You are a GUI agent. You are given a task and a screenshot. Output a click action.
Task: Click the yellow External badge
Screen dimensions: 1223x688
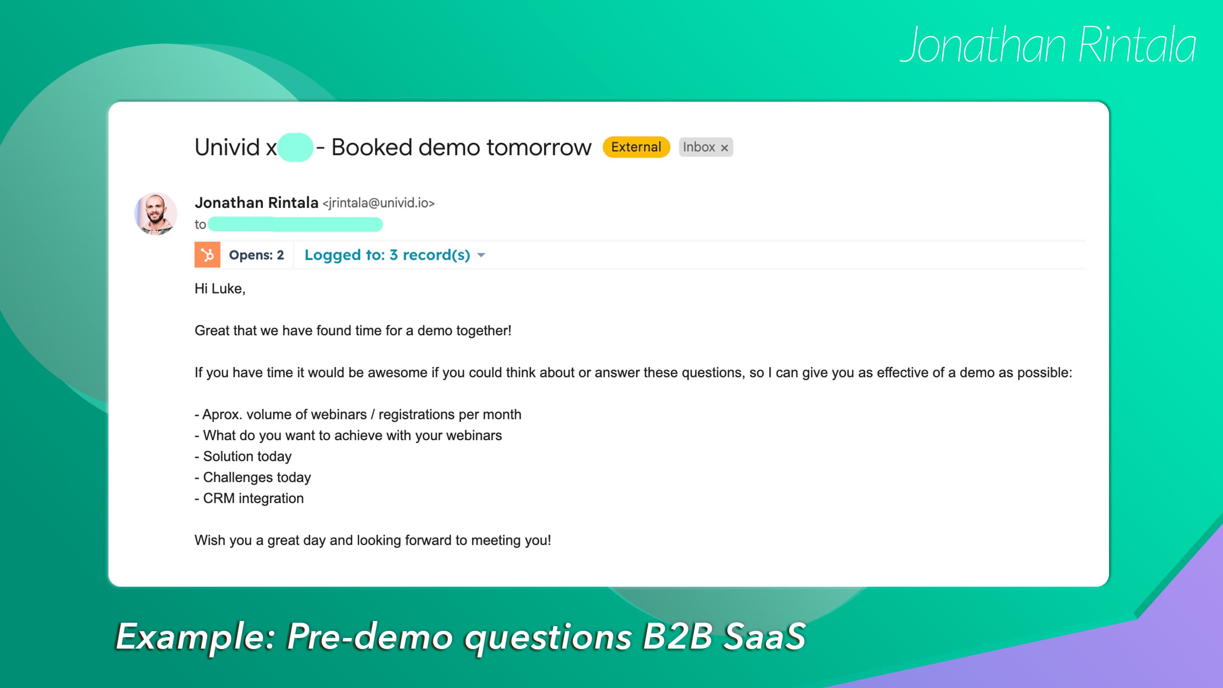[636, 147]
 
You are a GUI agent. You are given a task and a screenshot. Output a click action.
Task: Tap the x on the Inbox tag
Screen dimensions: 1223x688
[724, 148]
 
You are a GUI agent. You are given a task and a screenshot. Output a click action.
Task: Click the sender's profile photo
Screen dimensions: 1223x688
[156, 214]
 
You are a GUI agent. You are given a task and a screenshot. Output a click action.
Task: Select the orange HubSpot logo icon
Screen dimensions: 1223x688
[208, 255]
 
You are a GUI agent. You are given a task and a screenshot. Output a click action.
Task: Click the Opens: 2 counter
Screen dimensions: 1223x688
[256, 255]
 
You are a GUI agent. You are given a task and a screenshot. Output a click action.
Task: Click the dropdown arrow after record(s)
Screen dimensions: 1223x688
[481, 255]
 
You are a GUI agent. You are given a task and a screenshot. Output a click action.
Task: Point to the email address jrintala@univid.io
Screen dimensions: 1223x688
[379, 203]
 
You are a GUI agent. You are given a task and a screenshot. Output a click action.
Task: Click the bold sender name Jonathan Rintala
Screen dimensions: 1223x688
[256, 203]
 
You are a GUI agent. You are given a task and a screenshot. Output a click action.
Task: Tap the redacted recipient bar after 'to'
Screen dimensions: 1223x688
[295, 225]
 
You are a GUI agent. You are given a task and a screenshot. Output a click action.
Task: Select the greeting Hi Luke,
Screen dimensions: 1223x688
[220, 289]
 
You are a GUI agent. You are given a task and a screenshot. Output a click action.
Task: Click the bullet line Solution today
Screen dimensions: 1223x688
[243, 456]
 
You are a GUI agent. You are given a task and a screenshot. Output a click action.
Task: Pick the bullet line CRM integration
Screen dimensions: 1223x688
[249, 498]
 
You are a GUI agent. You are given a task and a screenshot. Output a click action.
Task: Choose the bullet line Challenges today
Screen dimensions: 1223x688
[253, 477]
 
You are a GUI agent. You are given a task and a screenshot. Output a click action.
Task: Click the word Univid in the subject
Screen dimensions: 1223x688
[227, 147]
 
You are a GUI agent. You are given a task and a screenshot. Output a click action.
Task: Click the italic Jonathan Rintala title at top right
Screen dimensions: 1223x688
[1048, 45]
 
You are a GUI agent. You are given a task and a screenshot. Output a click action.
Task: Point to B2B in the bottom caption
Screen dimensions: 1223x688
[677, 636]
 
